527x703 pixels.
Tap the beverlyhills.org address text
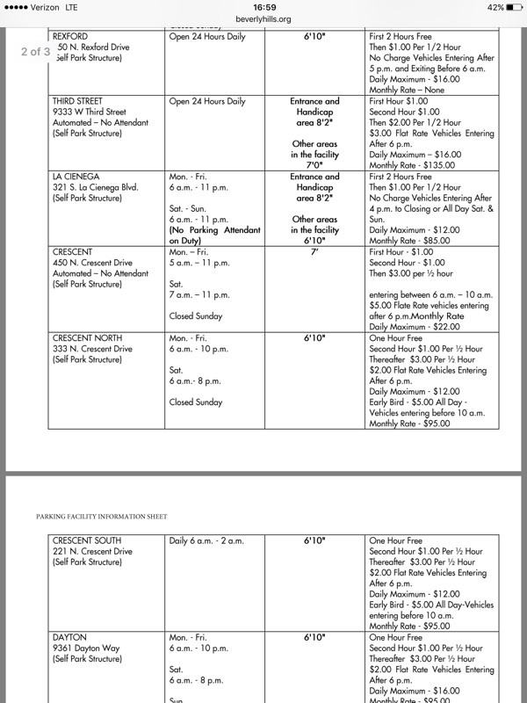click(263, 18)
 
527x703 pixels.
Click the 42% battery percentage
click(495, 7)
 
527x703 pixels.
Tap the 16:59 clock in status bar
click(263, 7)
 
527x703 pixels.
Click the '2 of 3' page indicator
click(36, 51)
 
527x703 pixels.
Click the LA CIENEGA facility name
click(76, 177)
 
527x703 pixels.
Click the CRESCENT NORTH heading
click(88, 337)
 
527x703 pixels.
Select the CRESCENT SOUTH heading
click(88, 540)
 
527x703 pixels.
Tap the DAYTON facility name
click(70, 637)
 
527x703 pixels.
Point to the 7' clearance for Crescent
click(315, 251)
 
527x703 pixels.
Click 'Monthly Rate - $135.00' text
click(415, 165)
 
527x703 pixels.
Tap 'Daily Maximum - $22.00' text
click(414, 326)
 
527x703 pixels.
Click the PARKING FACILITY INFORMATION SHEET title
click(101, 516)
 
